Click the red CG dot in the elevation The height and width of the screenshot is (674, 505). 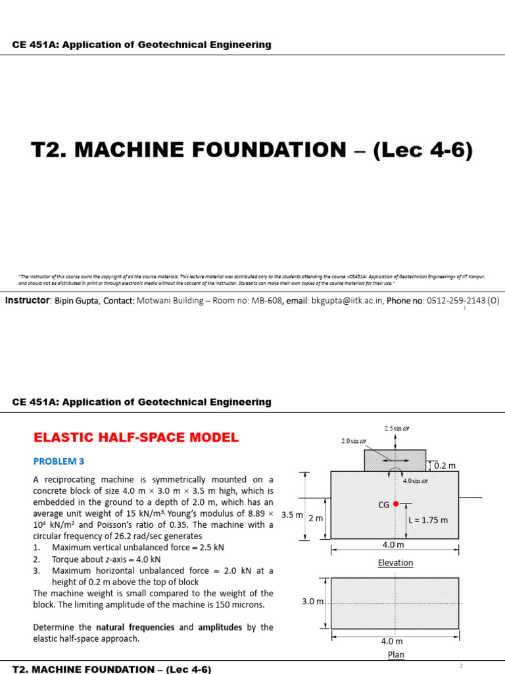coord(395,504)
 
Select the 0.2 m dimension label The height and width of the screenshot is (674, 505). coord(445,465)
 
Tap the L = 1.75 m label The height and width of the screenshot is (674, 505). coord(428,520)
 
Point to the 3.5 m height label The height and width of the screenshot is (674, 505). coord(291,515)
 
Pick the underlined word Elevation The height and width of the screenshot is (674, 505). coord(395,563)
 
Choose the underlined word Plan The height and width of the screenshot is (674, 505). coord(396,654)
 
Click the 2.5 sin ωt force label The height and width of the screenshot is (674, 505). coord(397,428)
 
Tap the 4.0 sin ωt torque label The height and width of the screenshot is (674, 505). coord(416,480)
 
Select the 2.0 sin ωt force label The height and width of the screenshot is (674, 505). coord(352,441)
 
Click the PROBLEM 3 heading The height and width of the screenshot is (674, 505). coord(59,461)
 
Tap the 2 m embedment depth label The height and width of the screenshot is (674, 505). coord(316,519)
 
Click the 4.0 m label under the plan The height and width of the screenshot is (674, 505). coord(393,641)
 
